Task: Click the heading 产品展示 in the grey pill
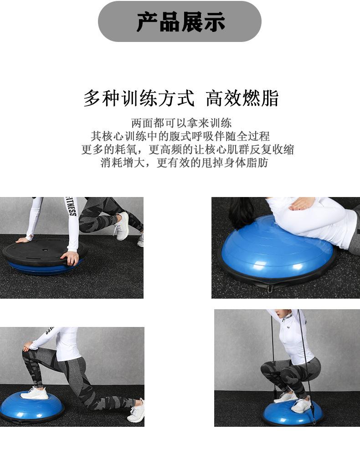(180, 22)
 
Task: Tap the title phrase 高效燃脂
(242, 98)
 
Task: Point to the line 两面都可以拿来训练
(181, 123)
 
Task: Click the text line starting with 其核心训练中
(180, 136)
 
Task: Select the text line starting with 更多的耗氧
(187, 149)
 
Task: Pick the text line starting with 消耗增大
(184, 163)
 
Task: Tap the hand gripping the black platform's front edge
(72, 258)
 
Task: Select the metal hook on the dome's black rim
(271, 288)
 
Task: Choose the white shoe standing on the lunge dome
(35, 393)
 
